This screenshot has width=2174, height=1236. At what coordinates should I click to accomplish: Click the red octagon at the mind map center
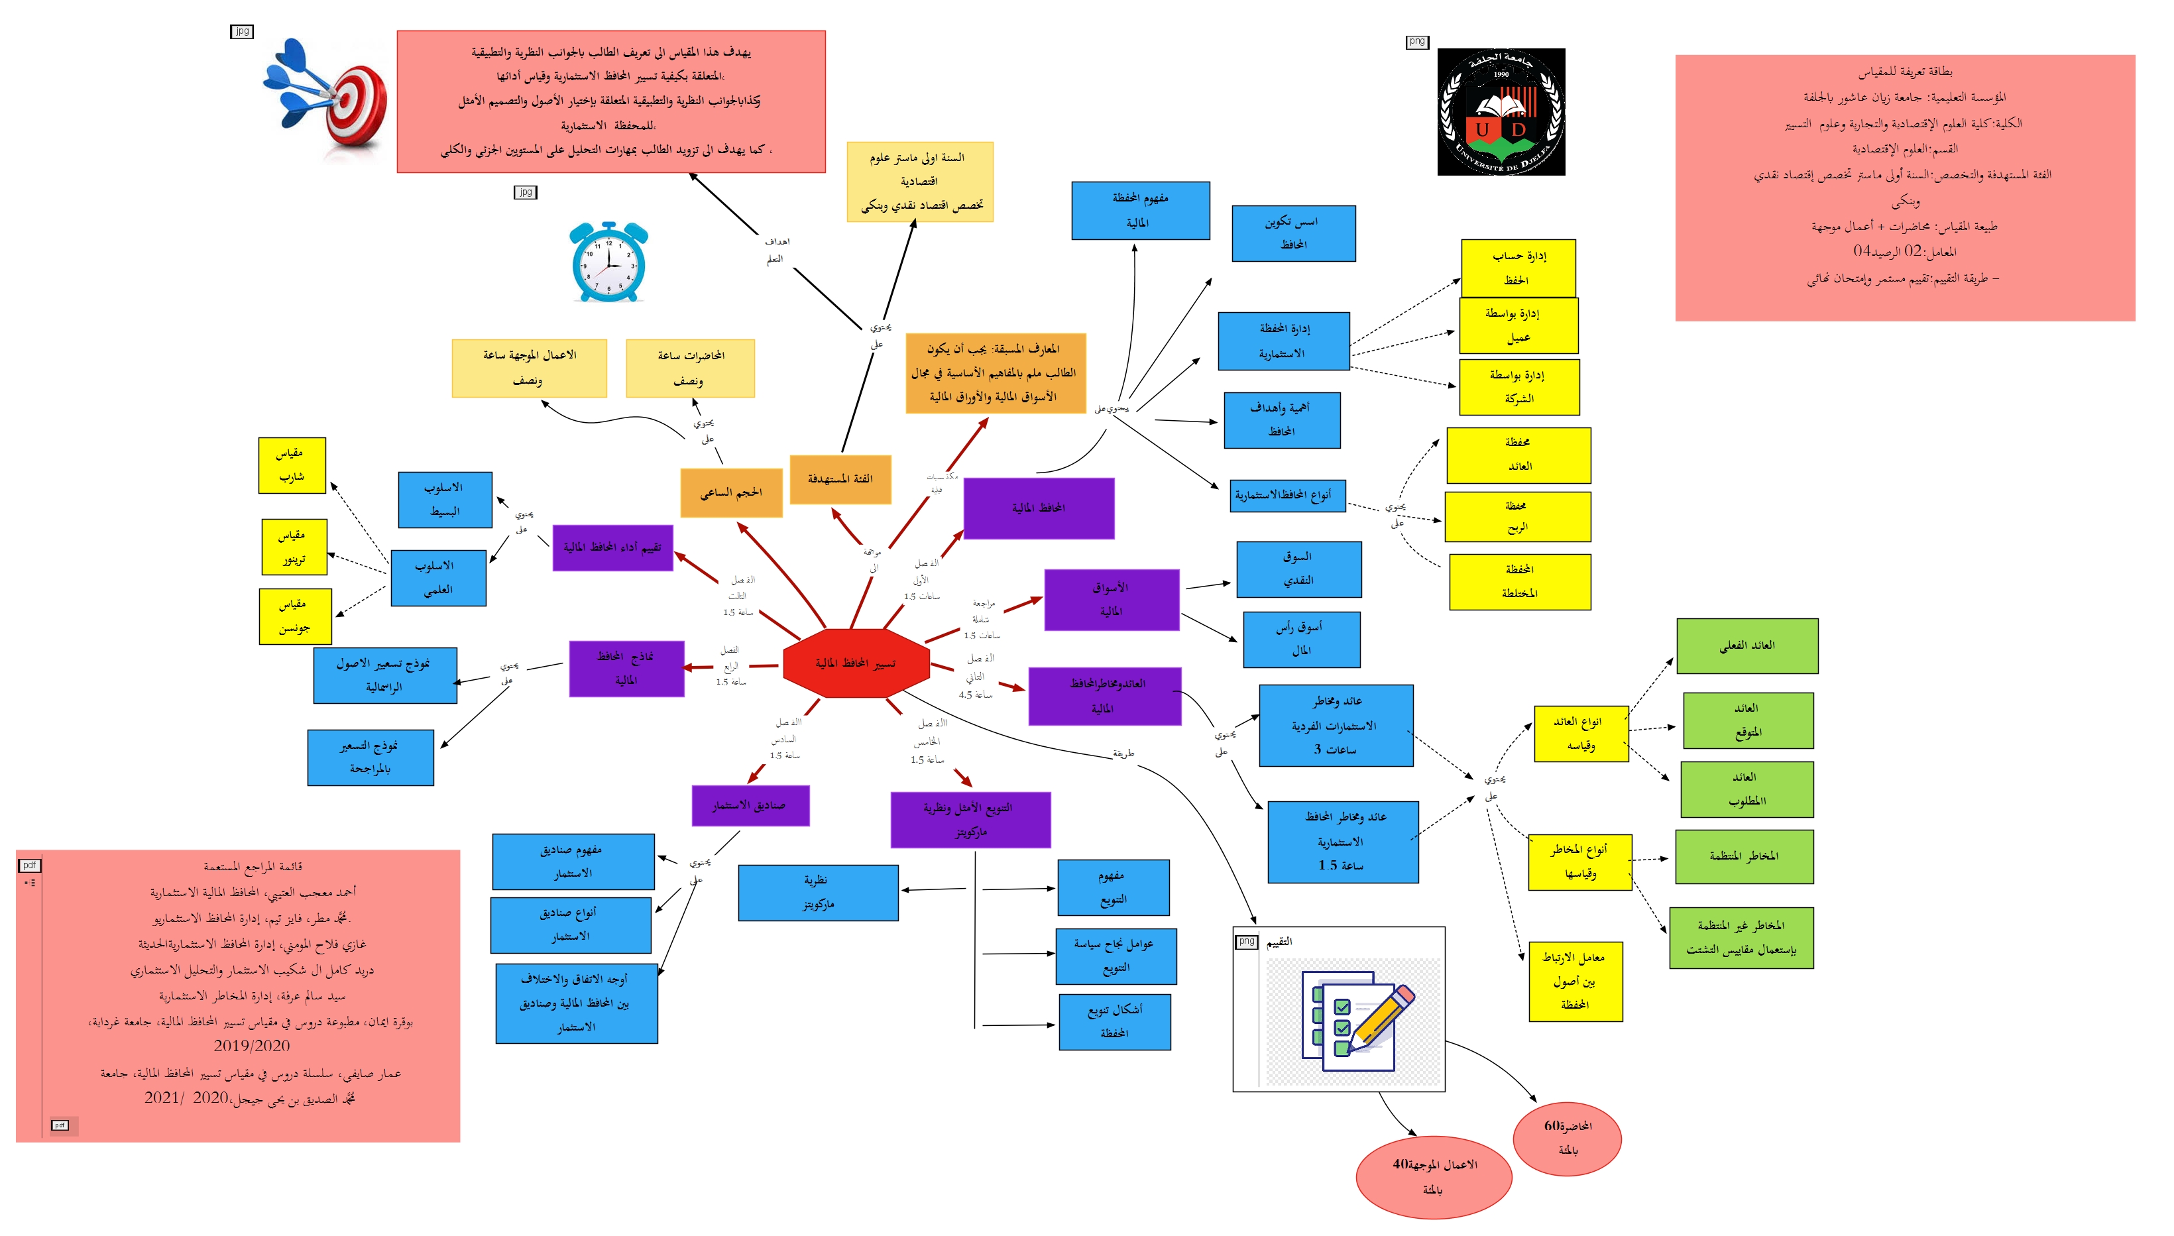[x=856, y=663]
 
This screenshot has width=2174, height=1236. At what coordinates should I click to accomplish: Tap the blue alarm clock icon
[x=608, y=263]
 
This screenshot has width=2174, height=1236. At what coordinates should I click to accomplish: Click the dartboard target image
[x=327, y=100]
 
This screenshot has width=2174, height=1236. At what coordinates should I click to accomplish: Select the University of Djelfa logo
[x=1500, y=112]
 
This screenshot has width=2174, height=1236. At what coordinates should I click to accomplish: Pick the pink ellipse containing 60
[x=1567, y=1137]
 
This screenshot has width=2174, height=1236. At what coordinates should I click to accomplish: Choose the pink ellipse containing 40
[x=1434, y=1176]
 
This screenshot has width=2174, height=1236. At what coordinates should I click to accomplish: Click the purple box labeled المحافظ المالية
[x=1038, y=508]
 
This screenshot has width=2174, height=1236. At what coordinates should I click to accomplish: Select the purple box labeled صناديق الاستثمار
[x=750, y=805]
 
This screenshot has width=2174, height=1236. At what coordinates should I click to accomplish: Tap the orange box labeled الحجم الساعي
[x=731, y=492]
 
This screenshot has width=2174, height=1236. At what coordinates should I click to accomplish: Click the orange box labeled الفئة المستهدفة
[x=840, y=478]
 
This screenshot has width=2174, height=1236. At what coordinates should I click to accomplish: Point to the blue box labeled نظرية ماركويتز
[x=817, y=892]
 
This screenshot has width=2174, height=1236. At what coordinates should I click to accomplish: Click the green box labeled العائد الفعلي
[x=1746, y=646]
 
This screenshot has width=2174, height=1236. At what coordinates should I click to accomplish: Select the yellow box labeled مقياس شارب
[x=291, y=465]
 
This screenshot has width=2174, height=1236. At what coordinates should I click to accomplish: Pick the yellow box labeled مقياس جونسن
[x=294, y=616]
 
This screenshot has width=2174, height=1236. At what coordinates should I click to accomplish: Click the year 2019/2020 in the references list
[x=251, y=1046]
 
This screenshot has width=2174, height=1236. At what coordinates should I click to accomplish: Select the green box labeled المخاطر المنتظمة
[x=1744, y=856]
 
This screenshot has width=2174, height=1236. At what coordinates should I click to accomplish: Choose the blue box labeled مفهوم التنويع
[x=1113, y=887]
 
